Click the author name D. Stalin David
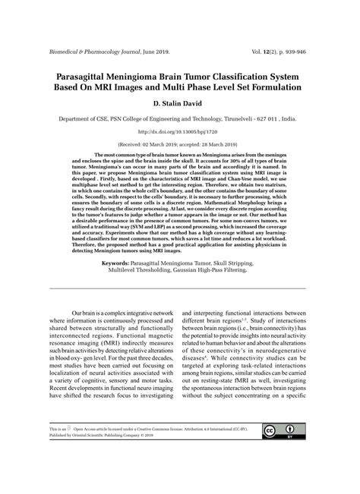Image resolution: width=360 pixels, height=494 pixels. (x=179, y=103)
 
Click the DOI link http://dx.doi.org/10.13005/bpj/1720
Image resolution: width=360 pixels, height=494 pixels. (x=180, y=132)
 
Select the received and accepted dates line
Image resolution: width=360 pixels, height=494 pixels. (x=180, y=144)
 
